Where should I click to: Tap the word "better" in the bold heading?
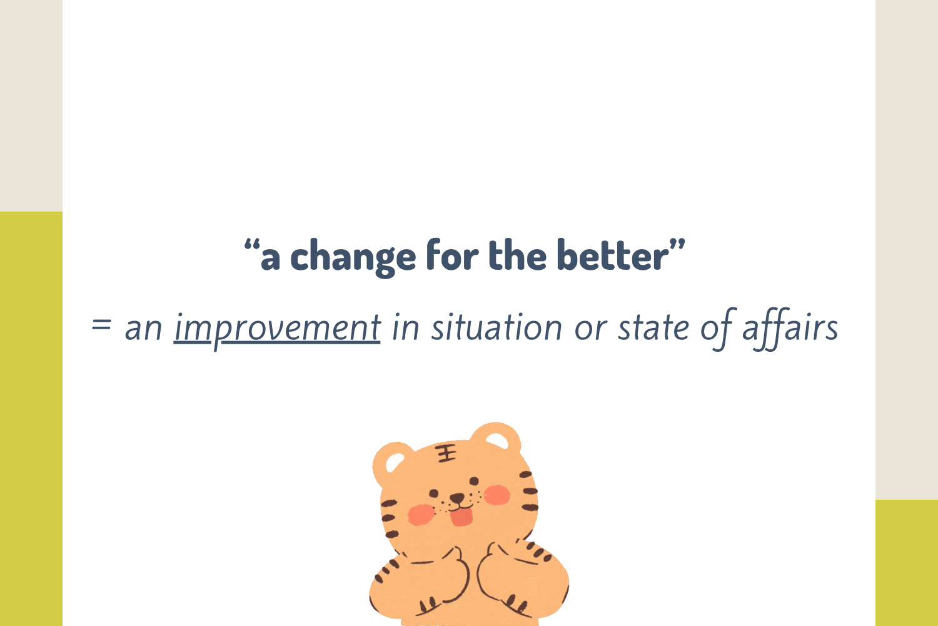613,255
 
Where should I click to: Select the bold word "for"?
452,254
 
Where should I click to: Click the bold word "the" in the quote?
518,255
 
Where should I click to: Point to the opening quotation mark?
252,245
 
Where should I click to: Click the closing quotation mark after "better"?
677,245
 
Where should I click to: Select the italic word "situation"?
497,327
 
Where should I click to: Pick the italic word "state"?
653,327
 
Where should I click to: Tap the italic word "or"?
590,330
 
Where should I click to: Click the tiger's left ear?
393,461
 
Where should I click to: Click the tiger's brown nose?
457,498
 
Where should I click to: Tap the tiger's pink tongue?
461,517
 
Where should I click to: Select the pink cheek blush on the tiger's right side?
497,495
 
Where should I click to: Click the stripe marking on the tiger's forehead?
445,453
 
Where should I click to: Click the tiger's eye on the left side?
434,493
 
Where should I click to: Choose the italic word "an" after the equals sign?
143,330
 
